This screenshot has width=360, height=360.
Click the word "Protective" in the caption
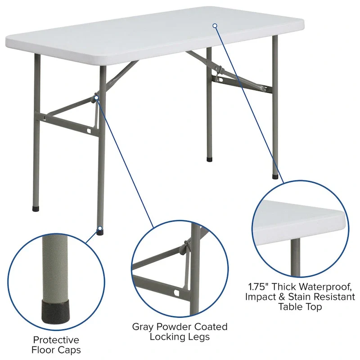click(56, 340)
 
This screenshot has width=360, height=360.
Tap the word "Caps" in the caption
click(70, 350)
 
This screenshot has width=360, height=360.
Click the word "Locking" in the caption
click(167, 337)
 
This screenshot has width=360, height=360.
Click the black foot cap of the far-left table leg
click(37, 209)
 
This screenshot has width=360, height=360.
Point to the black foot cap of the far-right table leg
click(275, 176)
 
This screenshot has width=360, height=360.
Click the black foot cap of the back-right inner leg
click(209, 159)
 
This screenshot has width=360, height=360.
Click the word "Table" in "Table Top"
click(290, 307)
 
